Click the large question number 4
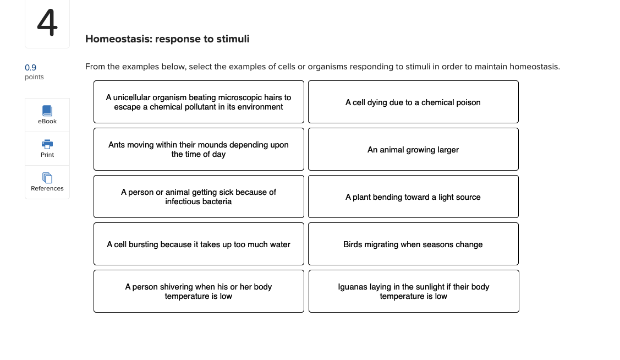(x=47, y=23)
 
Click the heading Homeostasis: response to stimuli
(x=167, y=39)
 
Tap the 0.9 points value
(x=31, y=67)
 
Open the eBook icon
(x=47, y=111)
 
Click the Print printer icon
(x=47, y=144)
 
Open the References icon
(x=47, y=178)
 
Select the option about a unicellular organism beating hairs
(x=199, y=102)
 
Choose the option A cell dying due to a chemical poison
(x=413, y=102)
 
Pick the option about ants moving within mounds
(x=199, y=149)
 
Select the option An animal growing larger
(x=413, y=149)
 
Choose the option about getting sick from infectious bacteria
(x=199, y=197)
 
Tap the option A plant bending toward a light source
(x=413, y=197)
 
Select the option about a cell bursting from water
(x=199, y=244)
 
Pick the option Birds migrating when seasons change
(x=413, y=244)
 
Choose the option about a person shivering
(x=199, y=291)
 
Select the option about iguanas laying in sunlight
(x=414, y=291)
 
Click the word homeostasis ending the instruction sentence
(x=534, y=67)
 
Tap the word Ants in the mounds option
(x=117, y=145)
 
